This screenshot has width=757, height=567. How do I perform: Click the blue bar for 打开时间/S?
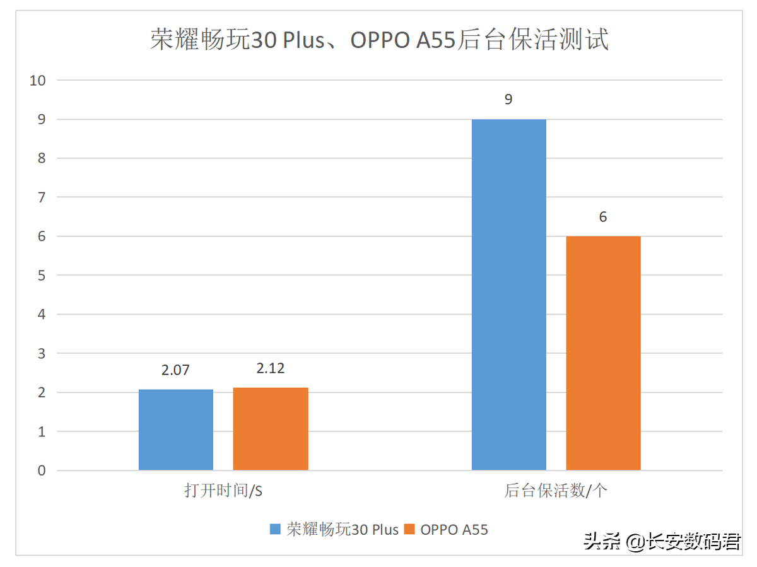(x=176, y=430)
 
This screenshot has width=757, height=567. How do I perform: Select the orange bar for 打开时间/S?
(x=271, y=429)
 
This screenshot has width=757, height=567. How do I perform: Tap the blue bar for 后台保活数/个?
(x=509, y=295)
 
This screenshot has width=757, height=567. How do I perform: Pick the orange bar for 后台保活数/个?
(x=603, y=353)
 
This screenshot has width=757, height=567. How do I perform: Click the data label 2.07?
(x=175, y=370)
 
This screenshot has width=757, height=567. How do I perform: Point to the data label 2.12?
(x=271, y=368)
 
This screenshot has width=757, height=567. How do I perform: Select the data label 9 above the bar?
(x=508, y=100)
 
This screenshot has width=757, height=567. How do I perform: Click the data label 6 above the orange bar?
(x=603, y=217)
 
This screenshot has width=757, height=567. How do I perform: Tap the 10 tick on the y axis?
(x=38, y=80)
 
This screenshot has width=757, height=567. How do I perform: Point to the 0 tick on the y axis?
(x=42, y=471)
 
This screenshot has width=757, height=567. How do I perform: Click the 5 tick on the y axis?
(x=42, y=276)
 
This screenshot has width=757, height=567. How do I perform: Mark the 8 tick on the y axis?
(x=42, y=158)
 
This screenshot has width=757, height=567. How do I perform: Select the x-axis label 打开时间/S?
(x=223, y=491)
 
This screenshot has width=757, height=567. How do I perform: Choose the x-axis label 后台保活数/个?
(x=556, y=491)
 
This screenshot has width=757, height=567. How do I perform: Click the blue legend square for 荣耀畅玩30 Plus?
(x=276, y=529)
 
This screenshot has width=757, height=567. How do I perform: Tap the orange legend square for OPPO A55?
(x=409, y=529)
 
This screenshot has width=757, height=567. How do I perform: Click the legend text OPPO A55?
(x=454, y=529)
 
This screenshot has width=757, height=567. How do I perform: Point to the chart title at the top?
(x=379, y=40)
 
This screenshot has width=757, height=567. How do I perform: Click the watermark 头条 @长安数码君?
(x=662, y=541)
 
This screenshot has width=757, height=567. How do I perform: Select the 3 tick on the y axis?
(x=42, y=354)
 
